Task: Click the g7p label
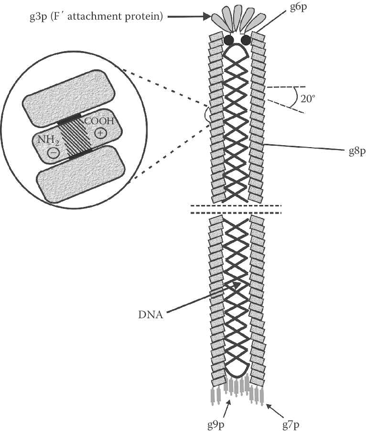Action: click(x=289, y=424)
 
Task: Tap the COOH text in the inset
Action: click(x=99, y=121)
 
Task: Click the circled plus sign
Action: click(x=100, y=133)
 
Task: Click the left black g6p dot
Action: click(x=229, y=40)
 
